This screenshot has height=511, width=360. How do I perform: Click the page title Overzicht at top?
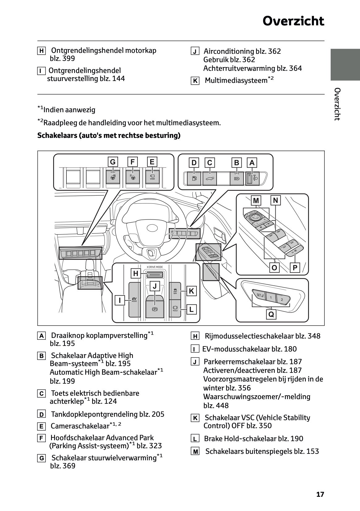click(x=293, y=21)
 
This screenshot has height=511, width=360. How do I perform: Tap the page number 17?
click(x=320, y=494)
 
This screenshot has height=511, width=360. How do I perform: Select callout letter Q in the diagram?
click(x=271, y=314)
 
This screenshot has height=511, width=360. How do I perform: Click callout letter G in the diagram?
click(x=113, y=162)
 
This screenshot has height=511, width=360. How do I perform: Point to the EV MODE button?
click(x=134, y=299)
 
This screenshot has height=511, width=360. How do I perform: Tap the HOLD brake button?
click(x=175, y=309)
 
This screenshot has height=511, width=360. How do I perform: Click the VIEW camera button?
click(x=152, y=177)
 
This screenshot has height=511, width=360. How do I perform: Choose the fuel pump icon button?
click(x=194, y=179)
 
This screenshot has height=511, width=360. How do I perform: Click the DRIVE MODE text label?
click(x=155, y=267)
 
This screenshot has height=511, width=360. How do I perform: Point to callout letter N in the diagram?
click(x=276, y=201)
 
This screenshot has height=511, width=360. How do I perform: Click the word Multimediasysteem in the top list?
click(x=236, y=81)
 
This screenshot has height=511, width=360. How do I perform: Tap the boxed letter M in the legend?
click(x=195, y=452)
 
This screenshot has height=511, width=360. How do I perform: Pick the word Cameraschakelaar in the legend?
click(x=80, y=426)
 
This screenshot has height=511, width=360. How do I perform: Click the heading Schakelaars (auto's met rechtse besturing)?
click(x=109, y=135)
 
